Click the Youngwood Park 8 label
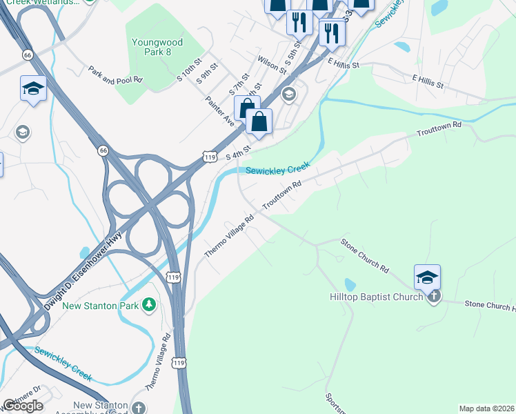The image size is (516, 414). click(157, 48)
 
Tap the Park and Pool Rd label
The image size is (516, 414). click(115, 75)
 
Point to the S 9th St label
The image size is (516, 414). click(206, 74)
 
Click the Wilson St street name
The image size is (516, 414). click(272, 65)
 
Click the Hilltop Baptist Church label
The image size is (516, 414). click(375, 297)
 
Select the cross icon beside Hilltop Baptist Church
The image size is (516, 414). click(433, 297)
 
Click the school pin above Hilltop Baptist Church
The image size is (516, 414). click(427, 277)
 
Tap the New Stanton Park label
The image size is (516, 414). click(101, 305)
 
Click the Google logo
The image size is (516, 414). click(23, 406)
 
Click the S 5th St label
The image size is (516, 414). click(293, 61)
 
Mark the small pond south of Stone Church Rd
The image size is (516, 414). click(350, 284)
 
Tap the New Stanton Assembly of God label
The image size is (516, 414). click(101, 409)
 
